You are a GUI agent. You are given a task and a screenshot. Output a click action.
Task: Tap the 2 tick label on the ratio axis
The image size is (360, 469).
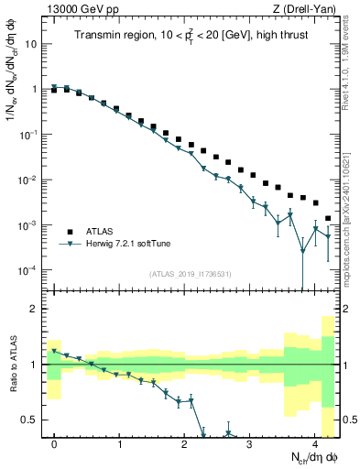[x=35, y=309]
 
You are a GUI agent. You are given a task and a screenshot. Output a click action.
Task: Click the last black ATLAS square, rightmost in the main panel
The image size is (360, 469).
[x=329, y=219]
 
